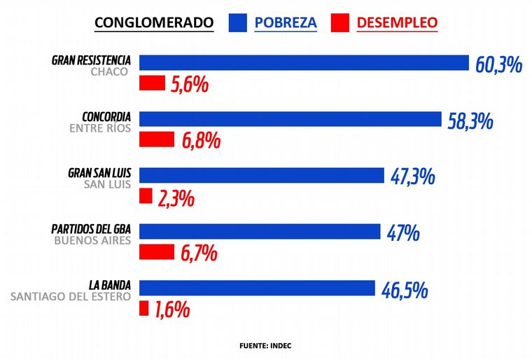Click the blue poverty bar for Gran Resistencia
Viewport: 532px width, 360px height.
pos(304,62)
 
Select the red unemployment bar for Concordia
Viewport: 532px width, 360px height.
pos(157,139)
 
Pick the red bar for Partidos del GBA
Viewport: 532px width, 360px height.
pos(157,251)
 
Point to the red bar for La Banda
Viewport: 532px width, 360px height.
pos(144,307)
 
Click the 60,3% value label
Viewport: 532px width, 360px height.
pos(499,65)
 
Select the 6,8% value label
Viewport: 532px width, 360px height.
pos(202,141)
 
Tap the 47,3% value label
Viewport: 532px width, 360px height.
pos(412,176)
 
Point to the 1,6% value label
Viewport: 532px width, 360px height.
pos(172,310)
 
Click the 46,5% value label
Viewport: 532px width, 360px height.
pos(405,289)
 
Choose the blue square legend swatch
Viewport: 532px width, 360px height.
pos(239,22)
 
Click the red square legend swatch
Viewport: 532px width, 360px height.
pos(340,22)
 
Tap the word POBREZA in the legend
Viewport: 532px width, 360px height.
pos(286,22)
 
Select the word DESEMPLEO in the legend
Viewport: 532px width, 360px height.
pos(397,22)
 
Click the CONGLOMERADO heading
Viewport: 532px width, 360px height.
pos(153,22)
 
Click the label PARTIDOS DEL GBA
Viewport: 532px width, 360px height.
pos(92,228)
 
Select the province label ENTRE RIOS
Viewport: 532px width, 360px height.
pos(100,128)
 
